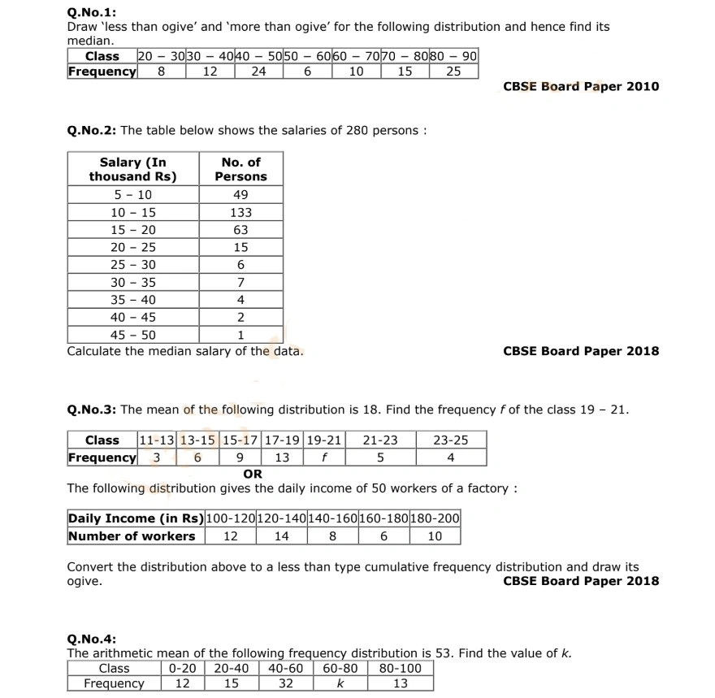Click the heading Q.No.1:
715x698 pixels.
tap(91, 12)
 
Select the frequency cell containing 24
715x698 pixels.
tap(258, 72)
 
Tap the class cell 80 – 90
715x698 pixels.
tap(453, 56)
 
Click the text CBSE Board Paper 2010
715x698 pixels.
tap(581, 87)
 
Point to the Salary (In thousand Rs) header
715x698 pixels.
tap(132, 169)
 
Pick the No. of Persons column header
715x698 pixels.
tap(240, 169)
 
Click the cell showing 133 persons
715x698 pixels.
tap(240, 213)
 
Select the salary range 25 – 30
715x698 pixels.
tap(133, 265)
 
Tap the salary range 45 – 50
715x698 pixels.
tap(133, 335)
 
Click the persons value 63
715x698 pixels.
tap(240, 230)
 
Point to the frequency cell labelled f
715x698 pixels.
tap(324, 457)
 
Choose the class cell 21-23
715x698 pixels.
tap(379, 440)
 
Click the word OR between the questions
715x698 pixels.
tap(253, 474)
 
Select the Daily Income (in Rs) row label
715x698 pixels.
tap(136, 518)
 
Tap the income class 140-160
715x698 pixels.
tap(333, 518)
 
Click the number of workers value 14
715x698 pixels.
tap(281, 536)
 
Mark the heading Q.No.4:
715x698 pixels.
tap(91, 639)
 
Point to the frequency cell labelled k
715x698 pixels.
tap(340, 684)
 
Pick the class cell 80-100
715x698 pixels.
tap(401, 669)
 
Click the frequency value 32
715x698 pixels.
tap(285, 684)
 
